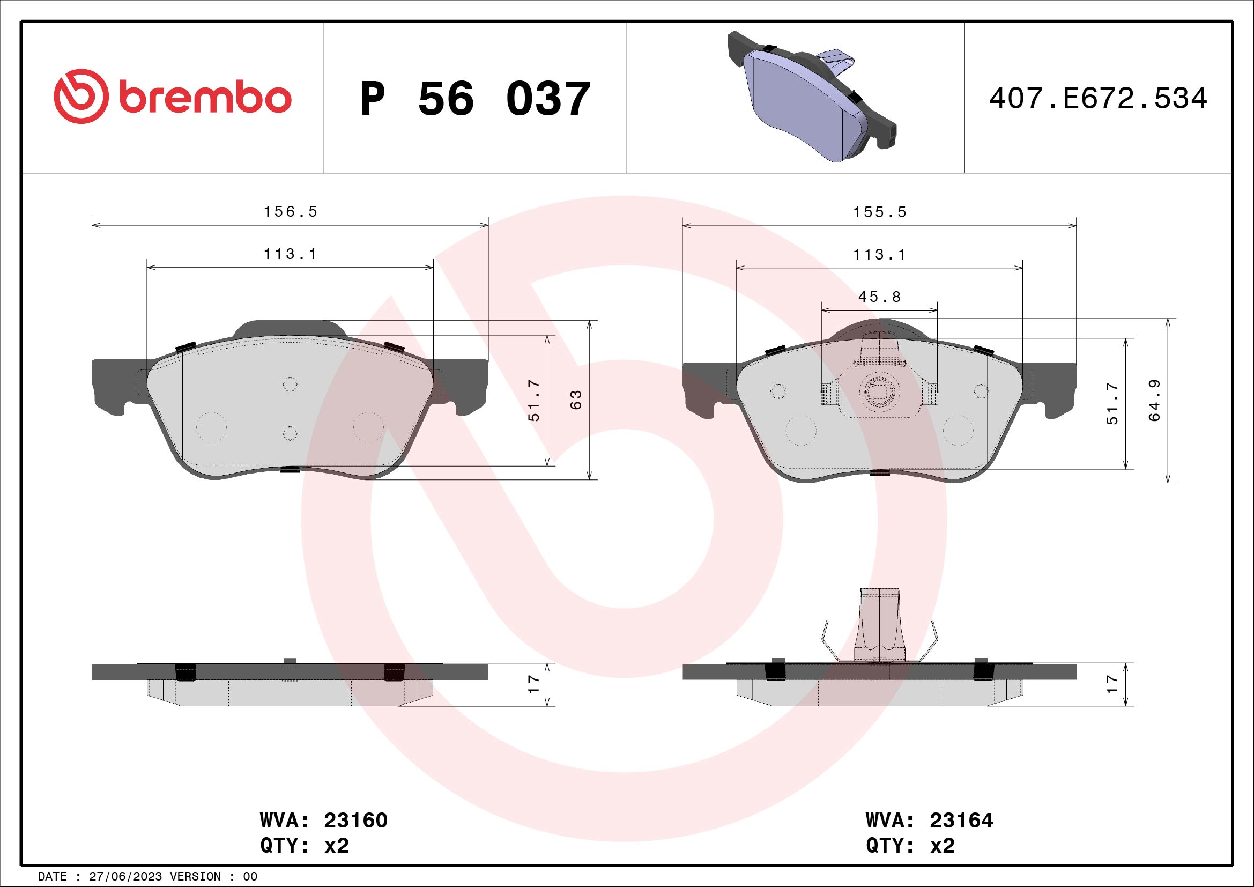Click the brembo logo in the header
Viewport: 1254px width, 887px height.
(x=173, y=97)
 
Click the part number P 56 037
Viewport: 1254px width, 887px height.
(x=475, y=99)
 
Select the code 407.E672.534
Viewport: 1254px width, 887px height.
(x=1098, y=99)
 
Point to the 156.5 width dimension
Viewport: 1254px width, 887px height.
(x=290, y=212)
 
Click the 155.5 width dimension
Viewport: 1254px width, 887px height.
(x=879, y=212)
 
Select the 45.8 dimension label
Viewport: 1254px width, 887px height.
(x=879, y=297)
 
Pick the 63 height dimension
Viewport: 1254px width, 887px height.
(x=576, y=400)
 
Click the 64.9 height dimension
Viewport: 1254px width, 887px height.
(x=1154, y=401)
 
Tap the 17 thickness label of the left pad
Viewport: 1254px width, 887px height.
(x=533, y=684)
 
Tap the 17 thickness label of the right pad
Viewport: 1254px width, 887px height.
(x=1112, y=684)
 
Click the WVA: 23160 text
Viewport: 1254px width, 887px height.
(x=323, y=821)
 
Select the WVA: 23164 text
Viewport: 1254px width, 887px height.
(x=929, y=821)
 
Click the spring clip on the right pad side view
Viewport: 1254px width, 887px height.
(x=879, y=628)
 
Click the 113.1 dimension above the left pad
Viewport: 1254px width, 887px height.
(x=290, y=254)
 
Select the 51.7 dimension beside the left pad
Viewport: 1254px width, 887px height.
(x=533, y=401)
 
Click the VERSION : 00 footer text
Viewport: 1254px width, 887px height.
(x=213, y=877)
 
